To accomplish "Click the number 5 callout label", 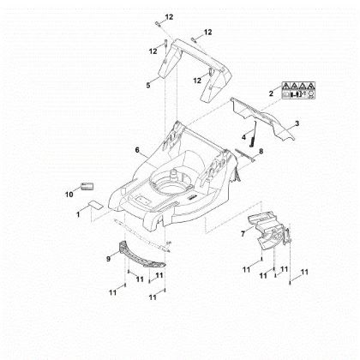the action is [x=148, y=85].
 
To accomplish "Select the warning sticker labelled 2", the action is [x=298, y=90].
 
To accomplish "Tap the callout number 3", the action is [x=297, y=123].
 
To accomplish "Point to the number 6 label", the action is [x=137, y=150].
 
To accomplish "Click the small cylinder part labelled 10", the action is [x=87, y=187].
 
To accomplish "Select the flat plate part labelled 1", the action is [x=95, y=205].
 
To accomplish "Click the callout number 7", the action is [x=243, y=234].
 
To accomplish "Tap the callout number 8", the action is [x=261, y=151].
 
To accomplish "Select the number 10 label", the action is [x=69, y=195].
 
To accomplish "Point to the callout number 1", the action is [x=78, y=214].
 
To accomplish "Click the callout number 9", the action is [x=108, y=259].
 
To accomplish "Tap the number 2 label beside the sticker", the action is [x=271, y=93].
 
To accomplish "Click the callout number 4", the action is [x=243, y=137].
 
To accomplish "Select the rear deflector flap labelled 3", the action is [x=263, y=118].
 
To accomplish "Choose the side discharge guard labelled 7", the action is [x=268, y=230].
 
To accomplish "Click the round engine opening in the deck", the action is [x=172, y=187].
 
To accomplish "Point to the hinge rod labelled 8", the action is [x=244, y=155].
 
